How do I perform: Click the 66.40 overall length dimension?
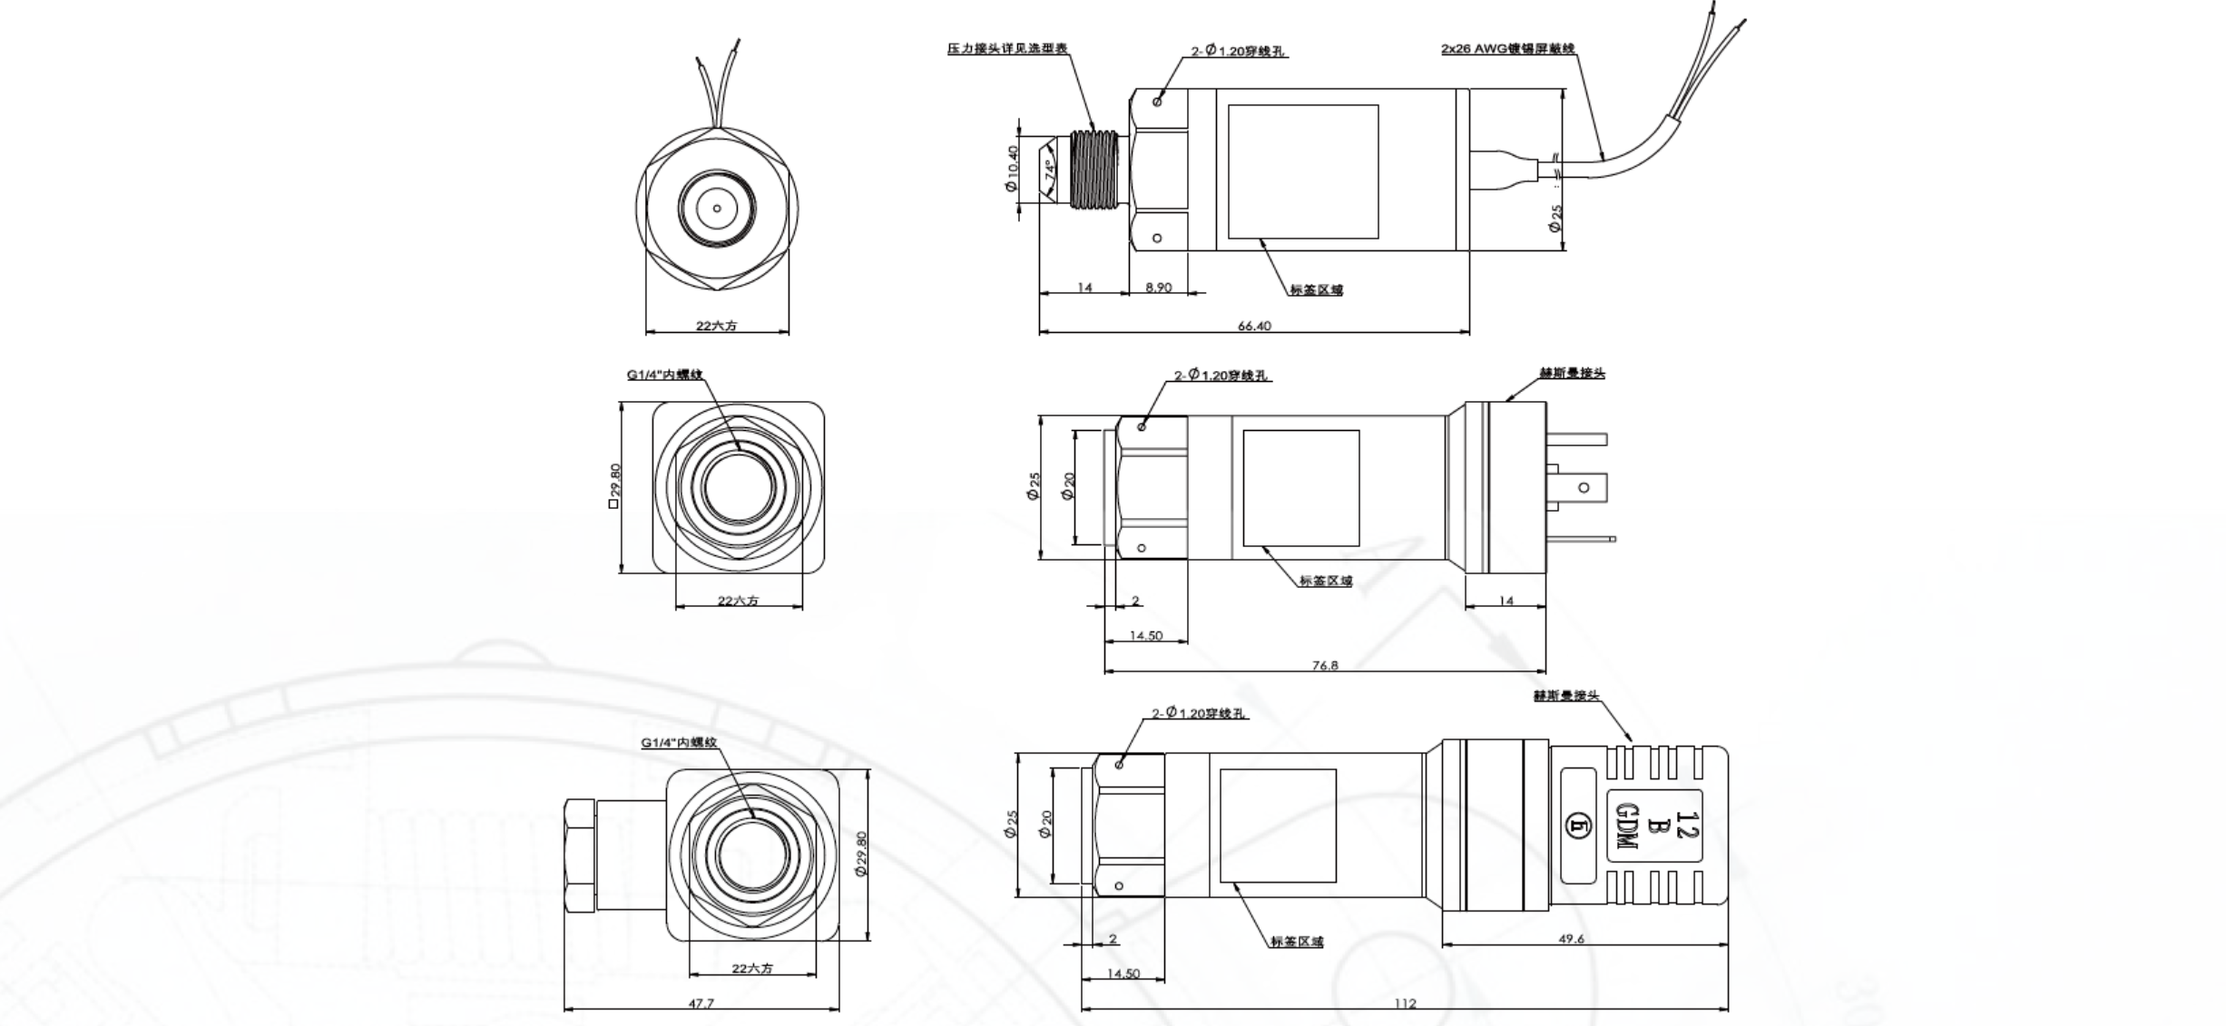pos(1254,326)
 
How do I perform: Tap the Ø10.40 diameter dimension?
pos(1012,169)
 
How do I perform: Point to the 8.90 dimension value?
pos(1158,288)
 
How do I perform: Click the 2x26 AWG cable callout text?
pos(1507,49)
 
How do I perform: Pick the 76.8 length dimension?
pos(1324,666)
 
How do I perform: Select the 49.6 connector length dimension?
pos(1571,939)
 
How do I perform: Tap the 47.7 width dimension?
pos(701,1003)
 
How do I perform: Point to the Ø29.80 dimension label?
pos(861,854)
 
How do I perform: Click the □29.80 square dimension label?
pos(614,486)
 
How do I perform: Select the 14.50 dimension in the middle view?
pos(1145,636)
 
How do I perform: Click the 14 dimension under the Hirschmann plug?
pos(1506,601)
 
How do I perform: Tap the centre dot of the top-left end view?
pos(717,209)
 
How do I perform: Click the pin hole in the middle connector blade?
pos(1584,488)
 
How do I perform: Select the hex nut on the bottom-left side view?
pos(580,856)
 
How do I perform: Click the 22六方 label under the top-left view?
pos(716,326)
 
